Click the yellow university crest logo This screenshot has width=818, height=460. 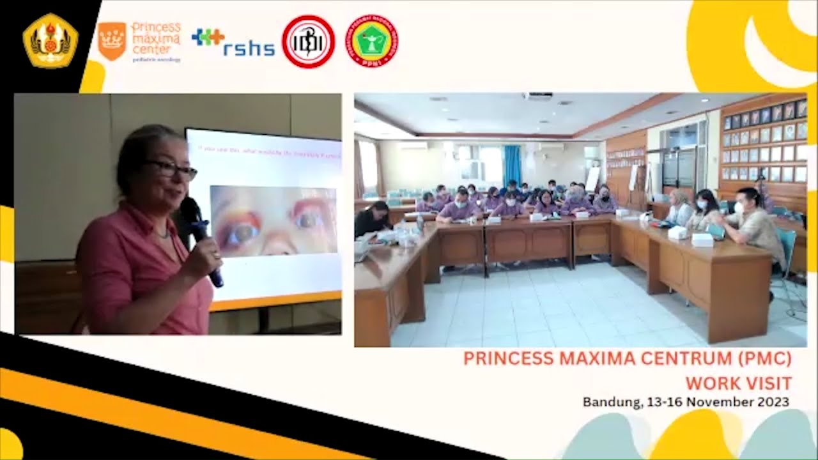(x=50, y=40)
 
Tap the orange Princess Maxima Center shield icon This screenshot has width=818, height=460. (x=112, y=41)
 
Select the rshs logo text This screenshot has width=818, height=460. (x=248, y=48)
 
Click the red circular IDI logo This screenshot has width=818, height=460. (x=308, y=42)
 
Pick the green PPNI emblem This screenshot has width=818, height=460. (x=372, y=42)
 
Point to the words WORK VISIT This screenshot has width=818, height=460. (x=738, y=383)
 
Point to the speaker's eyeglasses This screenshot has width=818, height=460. (x=171, y=169)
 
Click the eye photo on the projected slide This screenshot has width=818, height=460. (x=274, y=220)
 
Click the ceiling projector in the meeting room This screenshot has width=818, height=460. (x=537, y=96)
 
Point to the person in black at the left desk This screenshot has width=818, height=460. (x=373, y=220)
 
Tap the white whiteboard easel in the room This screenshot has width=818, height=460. (x=592, y=179)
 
